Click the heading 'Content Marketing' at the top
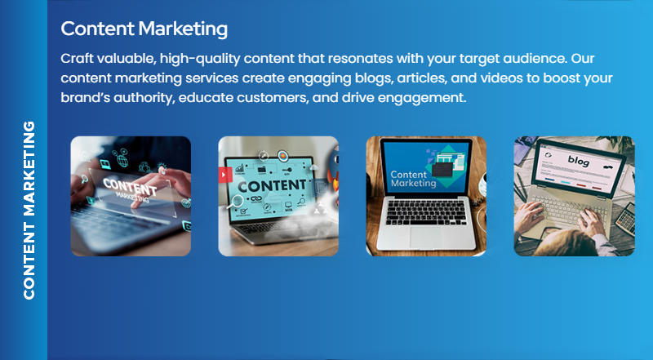pyautogui.click(x=144, y=29)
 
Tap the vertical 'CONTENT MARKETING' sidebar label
pyautogui.click(x=29, y=211)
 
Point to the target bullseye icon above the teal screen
pyautogui.click(x=282, y=154)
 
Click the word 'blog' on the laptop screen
pyautogui.click(x=578, y=161)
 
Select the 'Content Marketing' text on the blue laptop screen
pyautogui.click(x=413, y=179)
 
